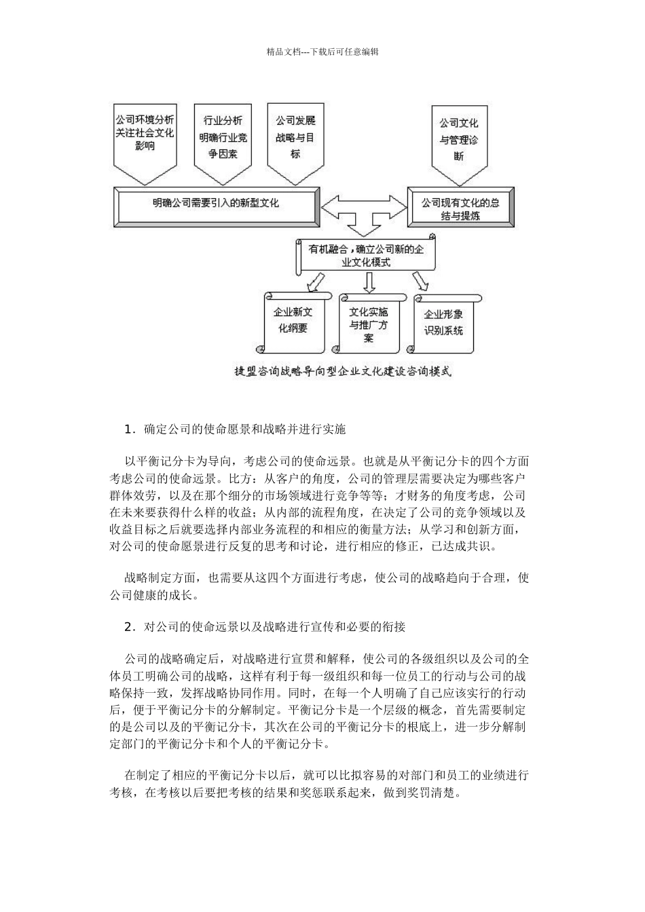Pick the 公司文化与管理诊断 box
click(x=459, y=139)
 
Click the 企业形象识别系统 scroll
click(x=443, y=322)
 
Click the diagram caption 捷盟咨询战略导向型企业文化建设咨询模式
click(x=342, y=371)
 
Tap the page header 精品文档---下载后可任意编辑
click(x=322, y=51)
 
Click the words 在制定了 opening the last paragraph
click(x=147, y=774)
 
